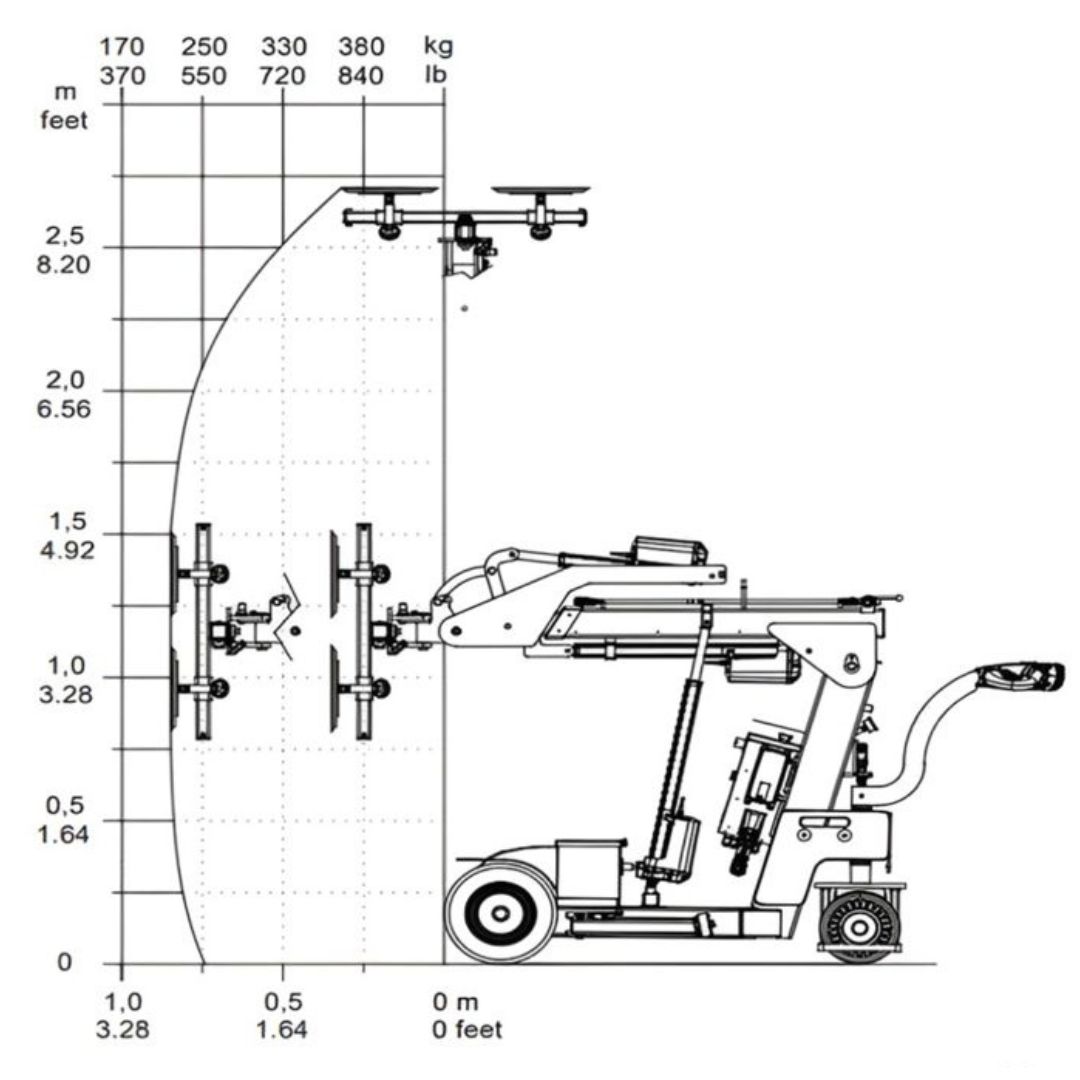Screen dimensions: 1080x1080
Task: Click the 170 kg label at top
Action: (122, 47)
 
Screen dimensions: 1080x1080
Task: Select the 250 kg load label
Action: (203, 47)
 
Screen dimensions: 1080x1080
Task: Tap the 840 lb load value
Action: (361, 75)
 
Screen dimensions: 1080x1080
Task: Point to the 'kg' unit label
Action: (438, 47)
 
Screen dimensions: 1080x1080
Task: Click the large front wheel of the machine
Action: (500, 911)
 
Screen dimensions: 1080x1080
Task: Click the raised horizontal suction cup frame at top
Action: (465, 213)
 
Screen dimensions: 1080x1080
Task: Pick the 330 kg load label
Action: (283, 47)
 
